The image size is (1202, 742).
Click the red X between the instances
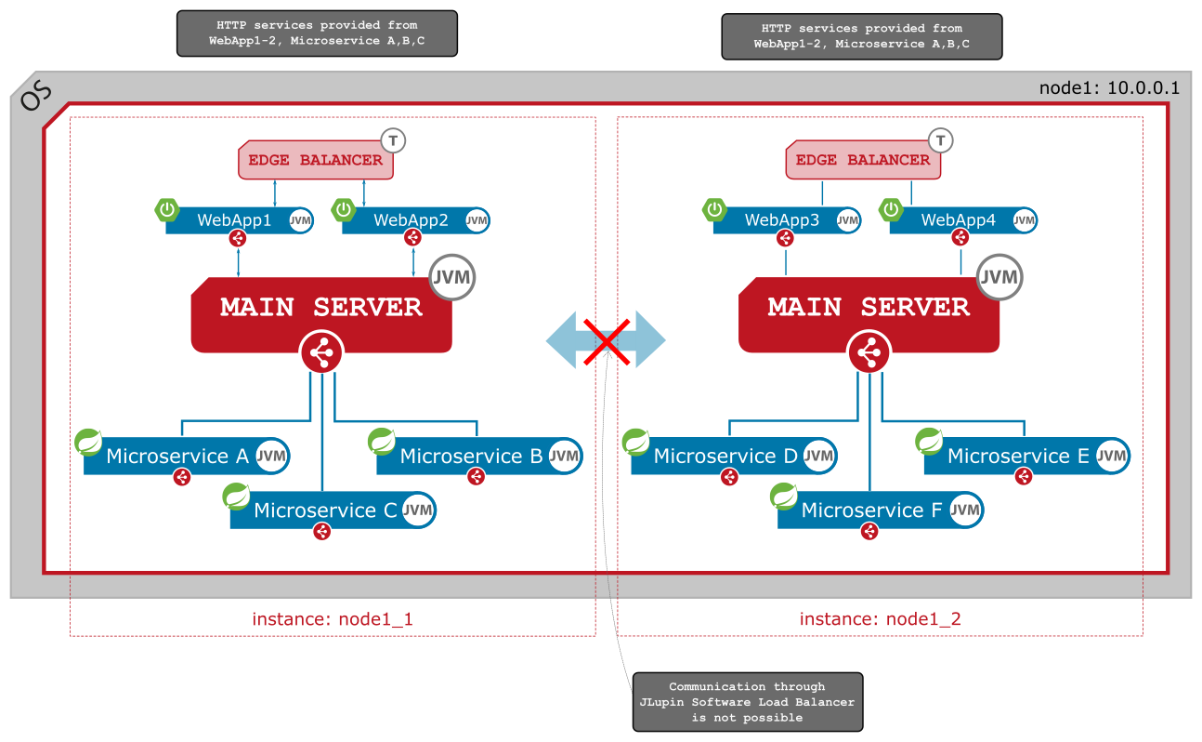[607, 340]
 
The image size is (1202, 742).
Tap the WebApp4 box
[958, 220]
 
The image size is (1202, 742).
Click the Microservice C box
[325, 510]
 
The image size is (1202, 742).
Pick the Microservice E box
[1018, 456]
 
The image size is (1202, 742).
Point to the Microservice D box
[725, 456]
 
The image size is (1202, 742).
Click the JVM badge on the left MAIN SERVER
[452, 277]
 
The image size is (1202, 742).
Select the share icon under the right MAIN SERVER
[869, 353]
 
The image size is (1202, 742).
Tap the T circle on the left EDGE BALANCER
[394, 140]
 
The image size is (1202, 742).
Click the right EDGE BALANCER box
[863, 160]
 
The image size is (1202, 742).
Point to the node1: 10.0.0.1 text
[1109, 88]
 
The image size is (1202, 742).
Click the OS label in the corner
[36, 96]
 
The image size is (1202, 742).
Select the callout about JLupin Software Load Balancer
[747, 701]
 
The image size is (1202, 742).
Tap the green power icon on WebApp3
[714, 209]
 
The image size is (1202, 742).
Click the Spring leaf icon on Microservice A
[89, 442]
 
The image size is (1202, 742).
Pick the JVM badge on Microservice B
[564, 456]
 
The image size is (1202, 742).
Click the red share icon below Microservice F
[869, 531]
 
